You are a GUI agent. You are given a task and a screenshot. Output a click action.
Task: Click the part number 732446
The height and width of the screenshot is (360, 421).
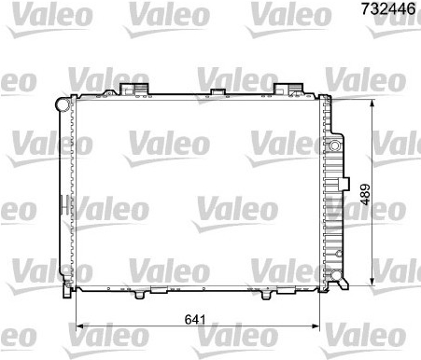(388, 8)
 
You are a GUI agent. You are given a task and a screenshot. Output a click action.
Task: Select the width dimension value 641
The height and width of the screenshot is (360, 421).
(195, 320)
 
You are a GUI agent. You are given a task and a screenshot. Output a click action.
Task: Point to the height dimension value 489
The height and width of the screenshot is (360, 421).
(365, 195)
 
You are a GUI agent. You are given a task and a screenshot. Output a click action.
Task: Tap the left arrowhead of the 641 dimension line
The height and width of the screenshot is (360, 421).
(80, 326)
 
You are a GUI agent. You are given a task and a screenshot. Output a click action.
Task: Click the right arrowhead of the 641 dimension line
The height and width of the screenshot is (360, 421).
(316, 326)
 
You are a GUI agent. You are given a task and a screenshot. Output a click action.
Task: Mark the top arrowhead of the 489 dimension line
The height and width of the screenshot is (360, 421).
(372, 104)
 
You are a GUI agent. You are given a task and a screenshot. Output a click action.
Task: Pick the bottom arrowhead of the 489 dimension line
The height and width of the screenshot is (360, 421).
(372, 282)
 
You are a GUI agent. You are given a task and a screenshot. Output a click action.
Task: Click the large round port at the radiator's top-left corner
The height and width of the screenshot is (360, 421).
(63, 104)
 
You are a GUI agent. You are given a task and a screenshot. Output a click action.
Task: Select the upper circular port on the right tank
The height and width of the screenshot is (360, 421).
(335, 145)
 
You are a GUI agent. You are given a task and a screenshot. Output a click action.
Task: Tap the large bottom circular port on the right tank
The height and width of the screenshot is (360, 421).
(336, 275)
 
